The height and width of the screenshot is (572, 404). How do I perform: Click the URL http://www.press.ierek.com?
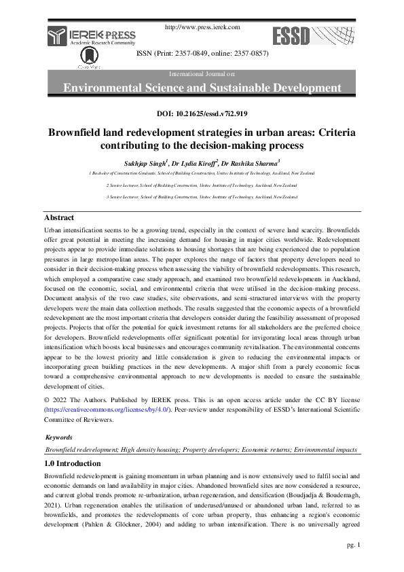pos(203,27)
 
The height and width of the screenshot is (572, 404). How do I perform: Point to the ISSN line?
pos(202,53)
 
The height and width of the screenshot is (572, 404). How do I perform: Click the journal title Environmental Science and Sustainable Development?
pos(202,88)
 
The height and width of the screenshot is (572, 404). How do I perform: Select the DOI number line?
pos(202,114)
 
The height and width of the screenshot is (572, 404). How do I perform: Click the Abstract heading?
pos(59,217)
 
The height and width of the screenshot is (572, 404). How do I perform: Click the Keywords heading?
pos(58,438)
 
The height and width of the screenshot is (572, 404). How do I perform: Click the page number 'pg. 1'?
pos(353,544)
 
